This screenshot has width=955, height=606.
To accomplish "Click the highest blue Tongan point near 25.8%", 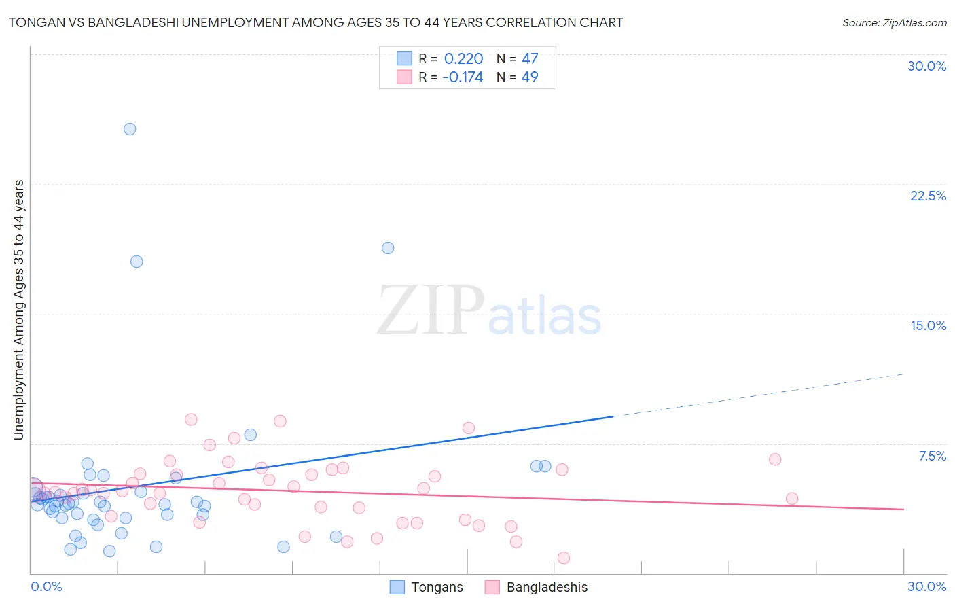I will point(130,129).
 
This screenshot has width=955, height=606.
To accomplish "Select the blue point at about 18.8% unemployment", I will point(388,248).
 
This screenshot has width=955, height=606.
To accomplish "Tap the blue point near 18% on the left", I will point(137,262).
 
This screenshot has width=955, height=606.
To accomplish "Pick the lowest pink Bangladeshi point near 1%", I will point(563,558).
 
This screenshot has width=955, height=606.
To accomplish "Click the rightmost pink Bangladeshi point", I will point(791,499).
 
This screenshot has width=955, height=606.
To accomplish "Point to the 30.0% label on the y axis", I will point(926,66).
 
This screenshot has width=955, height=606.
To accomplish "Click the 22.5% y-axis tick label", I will point(928,196).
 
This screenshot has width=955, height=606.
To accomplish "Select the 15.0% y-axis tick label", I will point(928,325).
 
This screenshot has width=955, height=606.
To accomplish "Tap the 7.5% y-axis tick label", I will point(932,456).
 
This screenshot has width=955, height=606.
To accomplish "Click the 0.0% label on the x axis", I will point(46,586).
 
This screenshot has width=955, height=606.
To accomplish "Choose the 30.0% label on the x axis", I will point(926,586).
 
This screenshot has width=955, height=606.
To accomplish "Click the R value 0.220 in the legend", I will point(463,59).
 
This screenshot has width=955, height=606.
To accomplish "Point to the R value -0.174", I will point(463,77).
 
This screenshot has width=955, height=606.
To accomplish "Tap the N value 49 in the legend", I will point(530,77).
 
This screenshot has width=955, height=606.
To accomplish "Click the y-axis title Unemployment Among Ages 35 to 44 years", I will point(19,310).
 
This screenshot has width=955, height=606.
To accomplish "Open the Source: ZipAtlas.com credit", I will point(894,22).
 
